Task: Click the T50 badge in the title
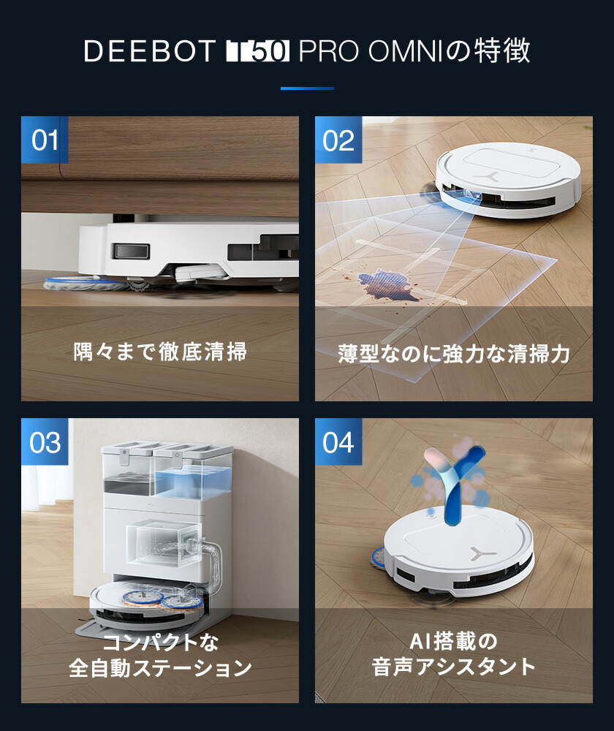coord(259,52)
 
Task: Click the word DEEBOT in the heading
coord(150,52)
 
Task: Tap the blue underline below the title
coord(307,88)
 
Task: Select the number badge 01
coord(45,140)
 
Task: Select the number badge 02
coord(338,140)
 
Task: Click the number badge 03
coord(45,442)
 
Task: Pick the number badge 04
coord(338,442)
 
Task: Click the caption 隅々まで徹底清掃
coord(160,352)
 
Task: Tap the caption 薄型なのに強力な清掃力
coord(453,354)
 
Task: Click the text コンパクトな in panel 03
coord(160,643)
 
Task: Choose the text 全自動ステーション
coord(160,668)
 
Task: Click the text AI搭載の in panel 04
coord(453,643)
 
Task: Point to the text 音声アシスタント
coord(453,667)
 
